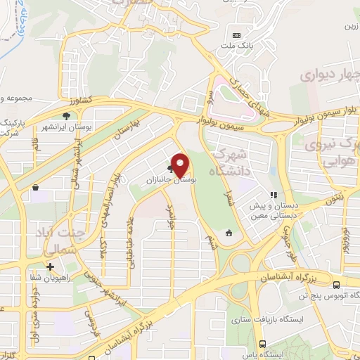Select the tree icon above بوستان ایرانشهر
click(66, 115)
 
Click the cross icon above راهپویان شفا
click(50, 266)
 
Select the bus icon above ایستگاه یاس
click(262, 344)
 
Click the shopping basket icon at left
click(35, 187)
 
